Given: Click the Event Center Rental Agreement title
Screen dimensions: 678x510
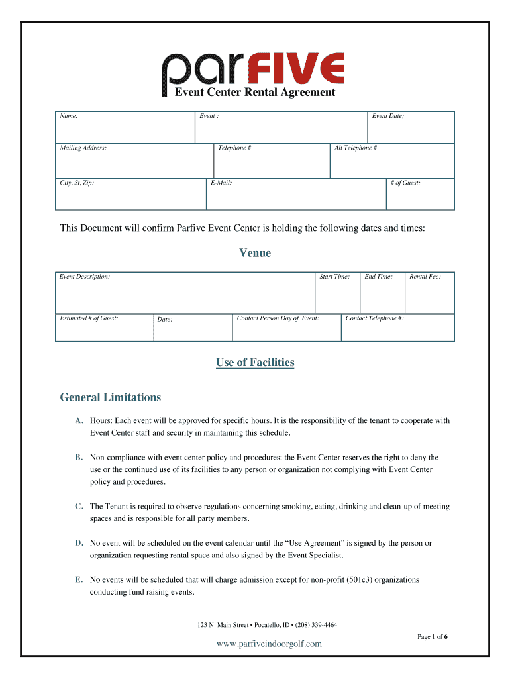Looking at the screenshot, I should point(255,93).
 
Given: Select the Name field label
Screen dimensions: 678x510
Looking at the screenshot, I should point(69,116).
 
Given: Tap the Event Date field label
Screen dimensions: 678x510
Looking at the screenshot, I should point(387,116).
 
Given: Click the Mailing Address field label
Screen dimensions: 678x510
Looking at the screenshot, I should point(83,148).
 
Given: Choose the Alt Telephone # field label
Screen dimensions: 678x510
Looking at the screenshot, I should point(355,148).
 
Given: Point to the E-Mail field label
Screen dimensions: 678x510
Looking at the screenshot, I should point(221,183).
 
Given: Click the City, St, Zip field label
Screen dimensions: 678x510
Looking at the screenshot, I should point(77,183).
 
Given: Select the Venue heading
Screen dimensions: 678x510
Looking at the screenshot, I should point(255,253).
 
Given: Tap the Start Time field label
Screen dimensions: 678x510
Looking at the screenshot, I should point(334,277).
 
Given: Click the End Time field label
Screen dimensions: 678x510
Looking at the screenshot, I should point(378,277).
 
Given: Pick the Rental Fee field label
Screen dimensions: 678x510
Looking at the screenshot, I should point(425,277).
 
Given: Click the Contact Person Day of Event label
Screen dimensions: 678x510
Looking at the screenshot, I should point(278,318).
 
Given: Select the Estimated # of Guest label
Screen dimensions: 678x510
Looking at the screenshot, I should point(89,318).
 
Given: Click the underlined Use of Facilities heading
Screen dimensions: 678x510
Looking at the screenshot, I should point(255,363).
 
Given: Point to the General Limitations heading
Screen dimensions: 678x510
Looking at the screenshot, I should point(111,398).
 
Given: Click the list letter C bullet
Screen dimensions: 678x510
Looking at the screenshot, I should point(79,507).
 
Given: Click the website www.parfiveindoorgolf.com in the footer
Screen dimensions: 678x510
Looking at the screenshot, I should point(269,644).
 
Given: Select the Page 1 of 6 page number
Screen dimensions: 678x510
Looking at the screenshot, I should point(432,636).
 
